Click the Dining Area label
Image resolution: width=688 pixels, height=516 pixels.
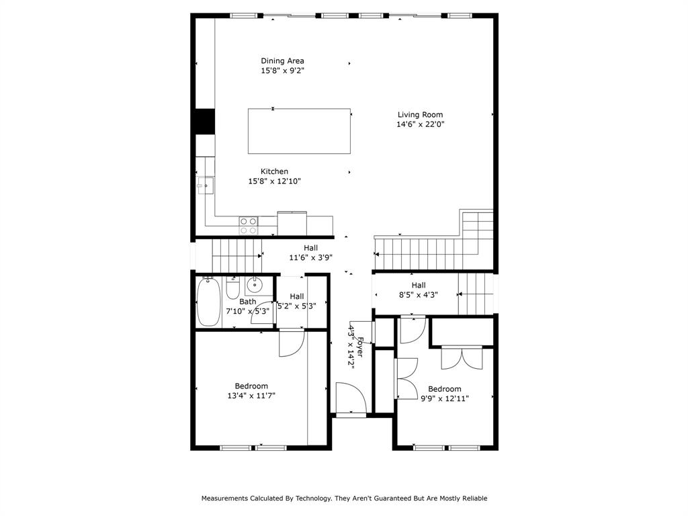point(282,61)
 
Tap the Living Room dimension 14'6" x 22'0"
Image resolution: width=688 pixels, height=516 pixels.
point(420,124)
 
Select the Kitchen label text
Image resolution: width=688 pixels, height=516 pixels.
point(274,172)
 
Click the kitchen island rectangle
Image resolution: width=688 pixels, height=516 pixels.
point(299,131)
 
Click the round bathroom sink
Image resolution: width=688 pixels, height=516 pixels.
point(255,286)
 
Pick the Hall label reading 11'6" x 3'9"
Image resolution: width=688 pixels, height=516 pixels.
point(310,257)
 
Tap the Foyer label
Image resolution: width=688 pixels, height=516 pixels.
point(361,346)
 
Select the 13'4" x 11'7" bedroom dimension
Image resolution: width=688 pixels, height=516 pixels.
point(251,396)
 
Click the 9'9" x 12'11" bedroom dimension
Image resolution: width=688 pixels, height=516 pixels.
point(444,398)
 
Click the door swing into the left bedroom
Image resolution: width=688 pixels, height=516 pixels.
point(291,342)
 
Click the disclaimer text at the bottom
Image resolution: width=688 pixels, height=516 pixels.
point(344,499)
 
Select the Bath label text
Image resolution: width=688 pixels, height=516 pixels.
point(247,302)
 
